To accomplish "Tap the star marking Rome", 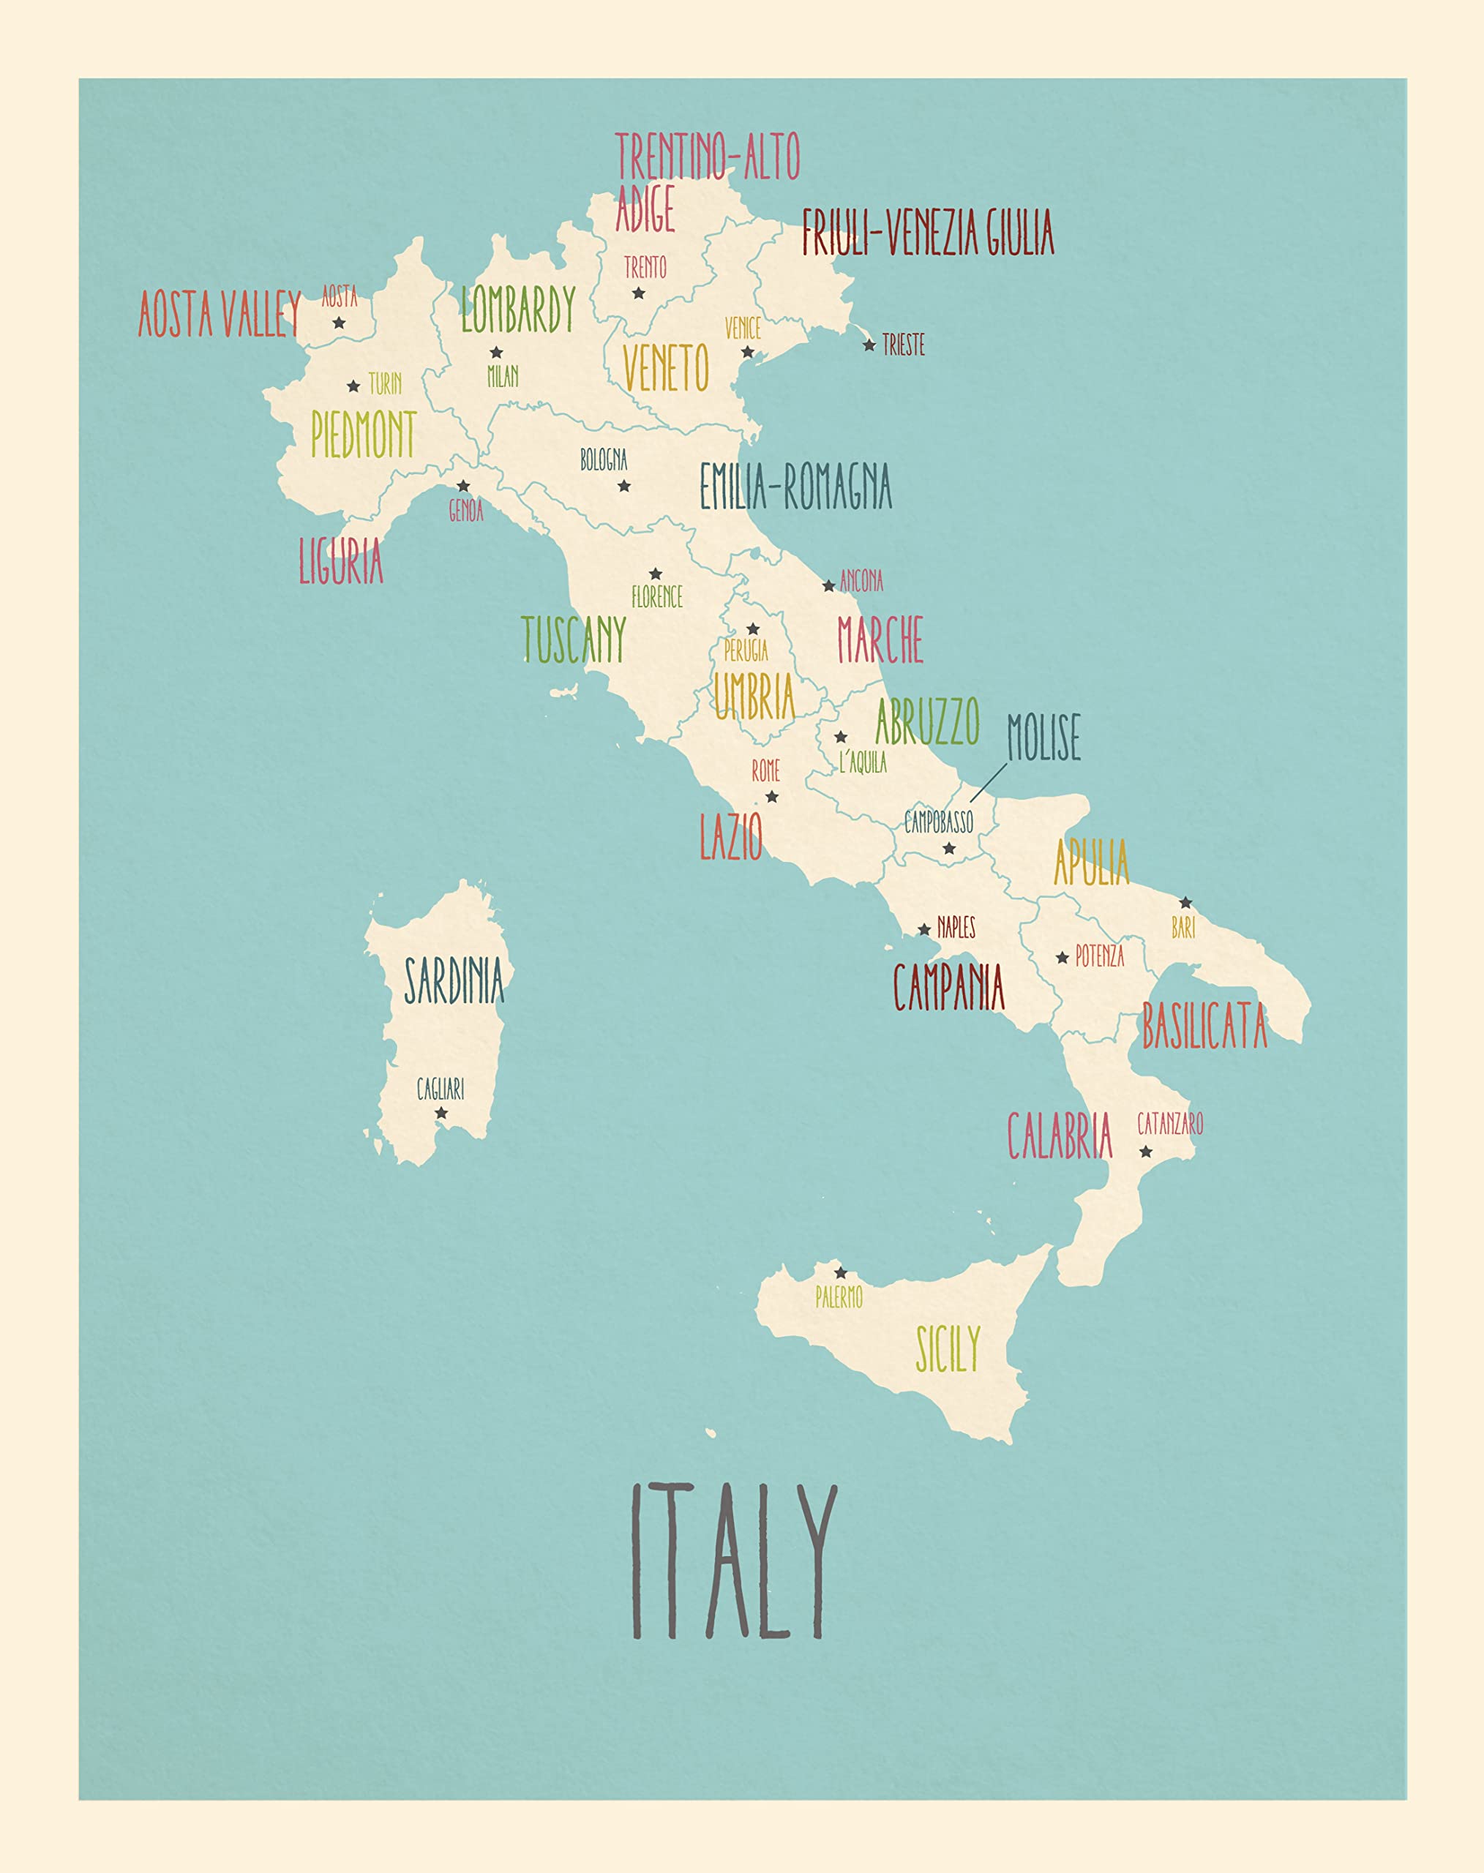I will (x=771, y=797).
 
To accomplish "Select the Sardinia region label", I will (x=454, y=981).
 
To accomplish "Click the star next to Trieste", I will (x=869, y=345).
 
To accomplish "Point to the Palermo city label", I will (x=839, y=1298).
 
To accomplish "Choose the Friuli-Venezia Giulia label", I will (x=927, y=233).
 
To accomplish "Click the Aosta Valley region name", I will (x=220, y=315).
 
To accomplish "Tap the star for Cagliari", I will (x=441, y=1113).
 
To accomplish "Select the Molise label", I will (x=1043, y=737).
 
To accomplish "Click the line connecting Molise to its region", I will (x=989, y=782).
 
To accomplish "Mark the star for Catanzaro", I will (x=1146, y=1152).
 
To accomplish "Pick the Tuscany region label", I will (x=574, y=639).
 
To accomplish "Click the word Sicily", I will (x=948, y=1349).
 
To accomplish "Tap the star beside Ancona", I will (x=829, y=585).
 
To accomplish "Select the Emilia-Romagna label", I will (x=795, y=487).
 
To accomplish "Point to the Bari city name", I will (x=1183, y=928).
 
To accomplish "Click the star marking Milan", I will (x=496, y=353).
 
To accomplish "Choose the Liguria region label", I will (x=340, y=561).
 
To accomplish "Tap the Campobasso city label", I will (x=938, y=821).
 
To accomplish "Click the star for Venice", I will (x=747, y=352).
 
